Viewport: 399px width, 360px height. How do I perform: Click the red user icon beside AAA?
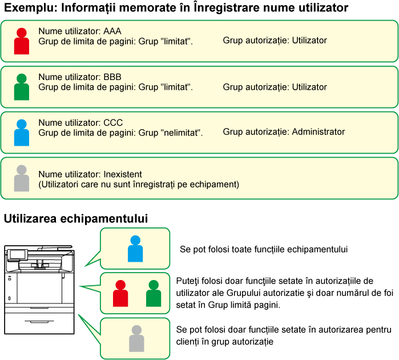tap(22, 41)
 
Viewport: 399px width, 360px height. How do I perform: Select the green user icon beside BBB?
tap(22, 87)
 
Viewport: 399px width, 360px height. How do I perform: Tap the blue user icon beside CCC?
tap(22, 132)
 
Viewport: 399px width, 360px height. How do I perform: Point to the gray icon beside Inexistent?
tap(22, 178)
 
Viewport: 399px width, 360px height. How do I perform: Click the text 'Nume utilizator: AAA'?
tap(79, 31)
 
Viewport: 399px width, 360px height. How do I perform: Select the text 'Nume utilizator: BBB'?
tap(79, 77)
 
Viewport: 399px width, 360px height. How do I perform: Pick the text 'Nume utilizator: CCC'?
tap(80, 123)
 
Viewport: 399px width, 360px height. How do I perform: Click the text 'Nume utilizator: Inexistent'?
tap(90, 174)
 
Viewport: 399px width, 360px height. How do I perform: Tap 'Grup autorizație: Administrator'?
tap(284, 132)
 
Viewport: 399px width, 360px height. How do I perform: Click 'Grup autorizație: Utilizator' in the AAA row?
tap(275, 41)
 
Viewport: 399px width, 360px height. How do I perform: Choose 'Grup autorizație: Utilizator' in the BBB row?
tap(275, 87)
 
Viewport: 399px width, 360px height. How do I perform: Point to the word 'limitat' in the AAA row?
tap(176, 41)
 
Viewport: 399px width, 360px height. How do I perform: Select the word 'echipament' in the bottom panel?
tap(217, 185)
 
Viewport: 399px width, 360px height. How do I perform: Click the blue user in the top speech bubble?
tap(135, 249)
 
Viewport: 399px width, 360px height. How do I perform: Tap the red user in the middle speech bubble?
tap(120, 293)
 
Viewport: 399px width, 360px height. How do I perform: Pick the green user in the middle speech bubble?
tap(154, 293)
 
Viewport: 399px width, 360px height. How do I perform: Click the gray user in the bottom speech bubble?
tap(136, 338)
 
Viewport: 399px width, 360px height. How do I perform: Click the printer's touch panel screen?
tap(19, 254)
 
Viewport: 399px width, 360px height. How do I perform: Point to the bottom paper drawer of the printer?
tap(39, 323)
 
